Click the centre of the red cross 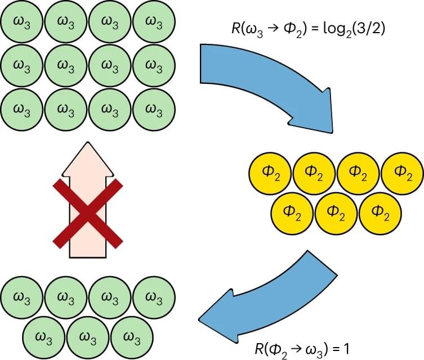87,214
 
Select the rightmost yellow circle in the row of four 402,172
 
